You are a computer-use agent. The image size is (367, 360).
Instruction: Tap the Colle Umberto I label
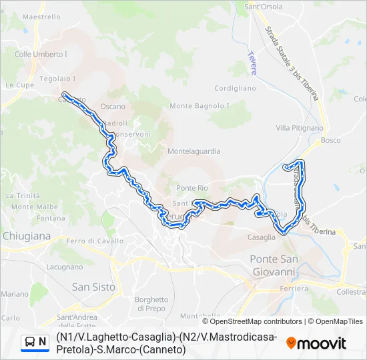[41, 54]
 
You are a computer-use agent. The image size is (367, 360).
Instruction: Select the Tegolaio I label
[57, 79]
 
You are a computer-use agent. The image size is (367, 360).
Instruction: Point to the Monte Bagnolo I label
[200, 106]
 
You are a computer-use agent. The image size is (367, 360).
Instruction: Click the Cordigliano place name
[235, 88]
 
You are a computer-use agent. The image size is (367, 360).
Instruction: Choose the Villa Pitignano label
[300, 127]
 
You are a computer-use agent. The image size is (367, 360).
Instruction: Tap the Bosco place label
[330, 141]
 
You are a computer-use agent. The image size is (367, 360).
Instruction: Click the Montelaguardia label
[194, 151]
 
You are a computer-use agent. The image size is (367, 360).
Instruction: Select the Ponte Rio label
[192, 188]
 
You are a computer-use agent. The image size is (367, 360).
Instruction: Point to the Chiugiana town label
[27, 236]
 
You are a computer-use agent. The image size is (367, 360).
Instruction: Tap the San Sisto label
[93, 287]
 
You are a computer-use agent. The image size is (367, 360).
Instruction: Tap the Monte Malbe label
[31, 207]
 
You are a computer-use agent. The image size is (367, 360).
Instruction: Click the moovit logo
[316, 343]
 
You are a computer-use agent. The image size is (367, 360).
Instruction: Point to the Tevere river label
[252, 63]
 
